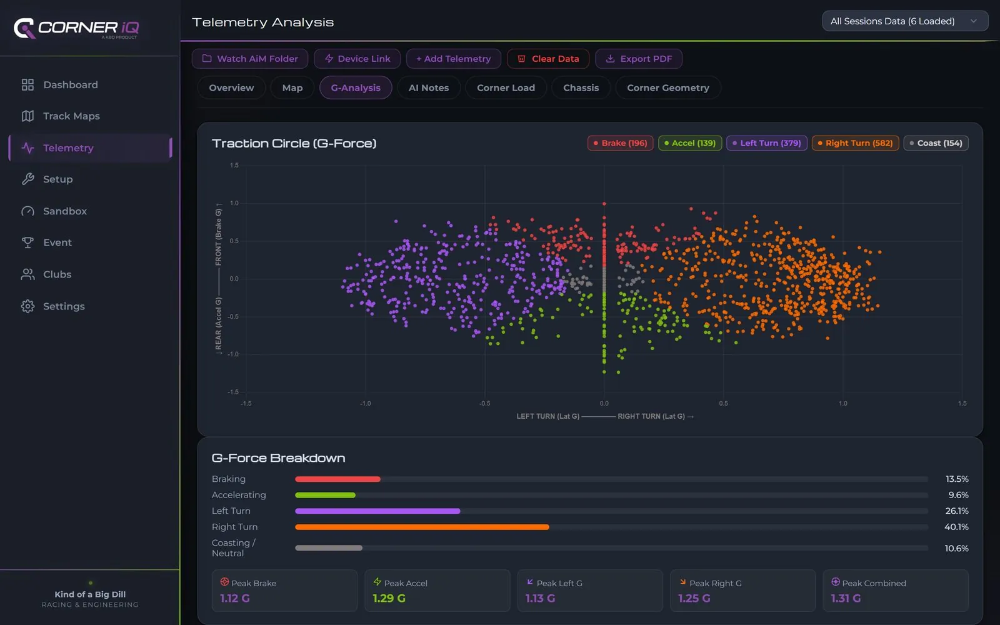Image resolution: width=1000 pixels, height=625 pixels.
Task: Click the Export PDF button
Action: (638, 59)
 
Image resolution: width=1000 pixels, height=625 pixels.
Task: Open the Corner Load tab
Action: (506, 87)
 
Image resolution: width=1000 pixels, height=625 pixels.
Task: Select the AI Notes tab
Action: (429, 87)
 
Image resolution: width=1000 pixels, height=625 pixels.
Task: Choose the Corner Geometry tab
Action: (668, 87)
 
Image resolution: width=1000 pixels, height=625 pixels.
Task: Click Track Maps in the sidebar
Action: (71, 116)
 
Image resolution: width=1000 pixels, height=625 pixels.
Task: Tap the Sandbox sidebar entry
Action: (65, 211)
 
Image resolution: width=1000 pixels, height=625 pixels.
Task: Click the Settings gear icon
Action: (27, 306)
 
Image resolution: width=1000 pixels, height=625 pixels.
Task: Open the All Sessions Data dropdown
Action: (905, 21)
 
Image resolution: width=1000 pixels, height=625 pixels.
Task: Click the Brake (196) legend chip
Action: (620, 143)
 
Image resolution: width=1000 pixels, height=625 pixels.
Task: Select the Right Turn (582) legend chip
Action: (855, 143)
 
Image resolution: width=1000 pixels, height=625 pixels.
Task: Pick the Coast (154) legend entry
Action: (936, 143)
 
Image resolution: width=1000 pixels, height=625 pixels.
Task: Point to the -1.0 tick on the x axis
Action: (365, 403)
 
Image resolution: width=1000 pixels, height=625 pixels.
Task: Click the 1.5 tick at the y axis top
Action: (234, 165)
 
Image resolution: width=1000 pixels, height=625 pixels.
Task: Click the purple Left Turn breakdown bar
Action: (377, 511)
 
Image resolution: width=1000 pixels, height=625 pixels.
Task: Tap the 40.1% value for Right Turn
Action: (956, 527)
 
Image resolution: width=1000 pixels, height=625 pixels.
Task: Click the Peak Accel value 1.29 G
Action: (389, 598)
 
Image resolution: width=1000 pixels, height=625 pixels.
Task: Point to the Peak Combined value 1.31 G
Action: (846, 598)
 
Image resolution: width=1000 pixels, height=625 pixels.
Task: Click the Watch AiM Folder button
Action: (250, 59)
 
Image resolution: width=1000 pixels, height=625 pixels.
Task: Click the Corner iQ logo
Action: (76, 28)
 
